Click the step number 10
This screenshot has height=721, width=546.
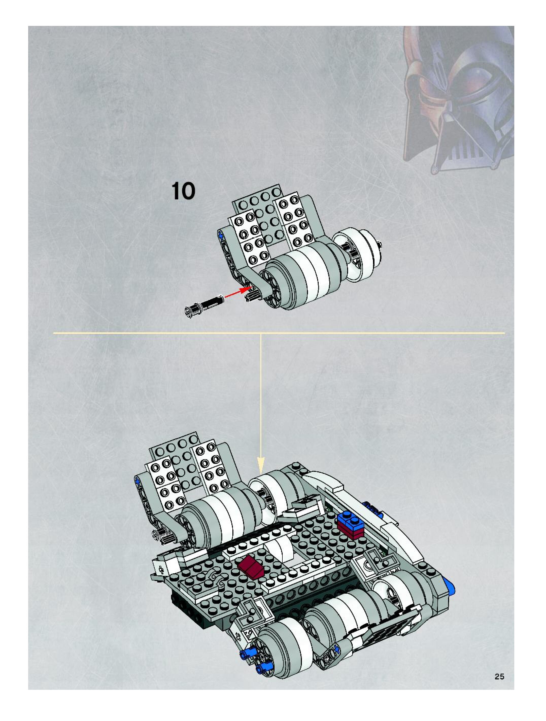tap(183, 191)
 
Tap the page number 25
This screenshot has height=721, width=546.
tap(499, 677)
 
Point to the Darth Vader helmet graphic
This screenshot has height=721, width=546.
tap(456, 98)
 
